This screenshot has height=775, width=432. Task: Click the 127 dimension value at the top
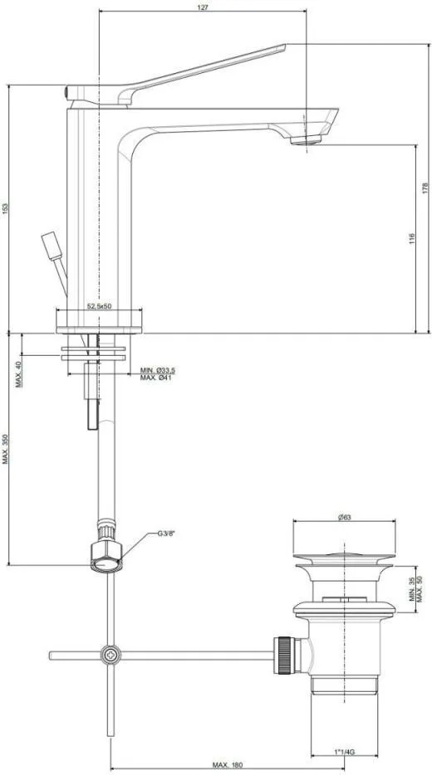point(203,7)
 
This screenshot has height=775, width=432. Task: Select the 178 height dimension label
point(425,188)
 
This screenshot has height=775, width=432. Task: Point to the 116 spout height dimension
point(412,239)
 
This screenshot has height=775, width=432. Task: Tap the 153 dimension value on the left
point(6,208)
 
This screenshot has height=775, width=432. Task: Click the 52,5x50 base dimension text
point(100,306)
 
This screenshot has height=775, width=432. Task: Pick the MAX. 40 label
point(18,374)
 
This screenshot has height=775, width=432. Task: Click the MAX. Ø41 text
point(156,378)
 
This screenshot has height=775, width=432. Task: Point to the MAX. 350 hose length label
point(6,449)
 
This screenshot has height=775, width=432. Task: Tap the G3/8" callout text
point(166,534)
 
